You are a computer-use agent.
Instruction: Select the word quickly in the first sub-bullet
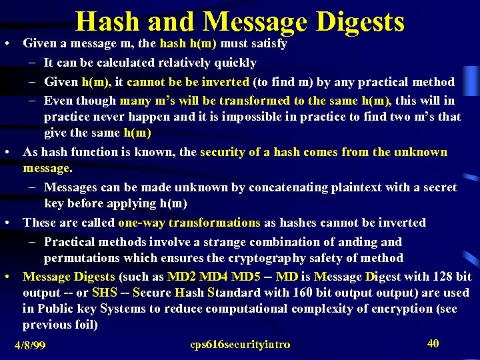(234, 63)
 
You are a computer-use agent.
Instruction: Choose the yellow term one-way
(142, 222)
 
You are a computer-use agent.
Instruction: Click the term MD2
(182, 276)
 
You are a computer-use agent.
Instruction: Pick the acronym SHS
(105, 292)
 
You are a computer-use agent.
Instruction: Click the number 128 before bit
(443, 276)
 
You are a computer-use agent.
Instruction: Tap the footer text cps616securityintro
(240, 344)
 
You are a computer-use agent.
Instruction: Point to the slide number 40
(433, 343)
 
